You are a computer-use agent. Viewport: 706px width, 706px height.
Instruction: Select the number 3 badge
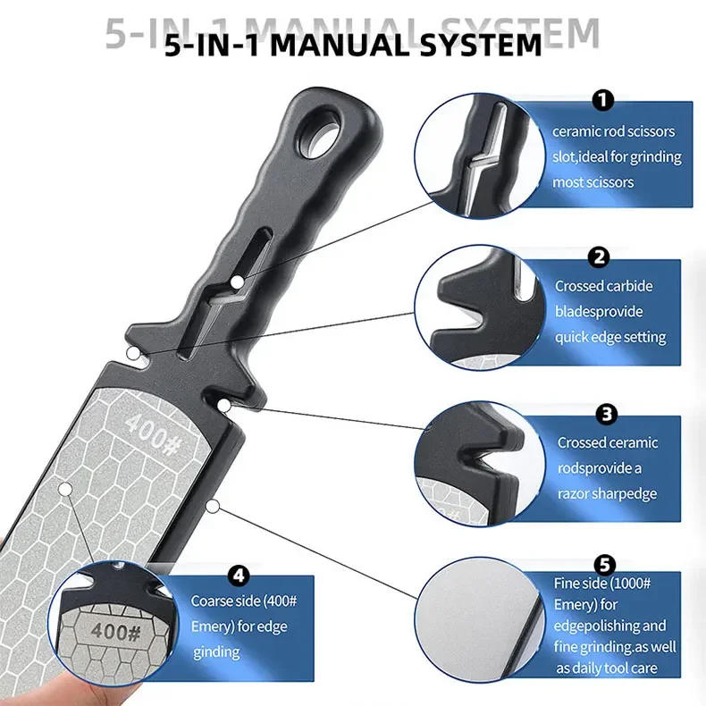(606, 414)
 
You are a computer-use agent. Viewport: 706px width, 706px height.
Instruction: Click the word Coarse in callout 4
(214, 601)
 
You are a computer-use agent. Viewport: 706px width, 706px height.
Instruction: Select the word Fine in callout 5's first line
(567, 583)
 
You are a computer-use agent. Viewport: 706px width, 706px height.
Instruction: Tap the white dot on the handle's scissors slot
(238, 283)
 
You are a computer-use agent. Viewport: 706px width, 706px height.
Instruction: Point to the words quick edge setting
(610, 337)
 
